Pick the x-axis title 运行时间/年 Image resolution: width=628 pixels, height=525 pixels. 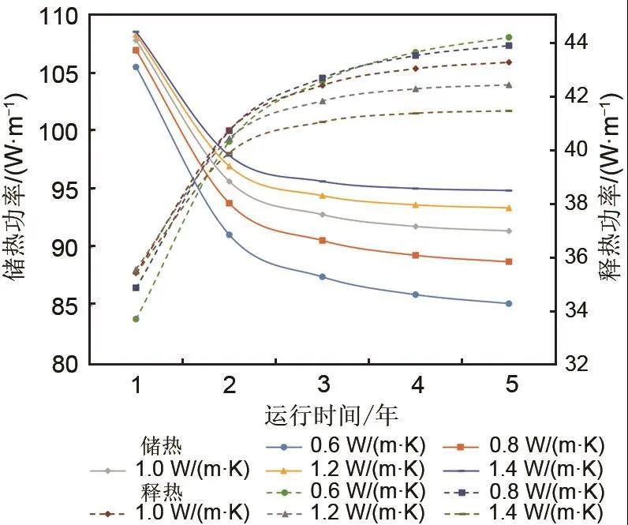pos(323,415)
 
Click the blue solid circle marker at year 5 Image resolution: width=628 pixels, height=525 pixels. pos(509,303)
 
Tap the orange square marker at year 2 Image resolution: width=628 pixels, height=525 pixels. pos(229,203)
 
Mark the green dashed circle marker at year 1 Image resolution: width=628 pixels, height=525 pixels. pos(136,319)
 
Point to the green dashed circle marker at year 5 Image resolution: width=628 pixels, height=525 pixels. pos(509,37)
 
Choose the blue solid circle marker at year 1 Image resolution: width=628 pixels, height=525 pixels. pos(136,67)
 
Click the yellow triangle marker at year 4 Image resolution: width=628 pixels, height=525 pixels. pos(416,204)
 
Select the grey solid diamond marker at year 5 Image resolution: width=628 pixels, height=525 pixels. pos(509,231)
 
